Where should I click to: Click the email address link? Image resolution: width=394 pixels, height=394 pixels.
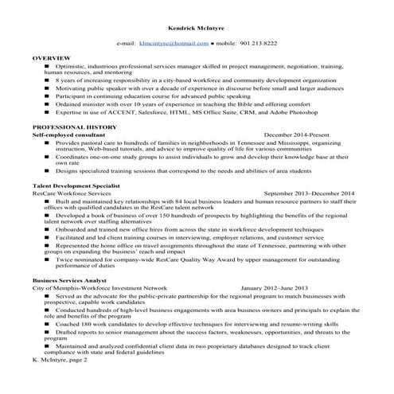point(174,44)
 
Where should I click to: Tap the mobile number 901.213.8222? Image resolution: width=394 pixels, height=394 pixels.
point(259,44)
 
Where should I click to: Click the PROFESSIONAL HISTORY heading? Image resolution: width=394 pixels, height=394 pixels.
point(74,128)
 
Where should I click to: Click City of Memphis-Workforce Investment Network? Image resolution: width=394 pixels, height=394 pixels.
point(100,288)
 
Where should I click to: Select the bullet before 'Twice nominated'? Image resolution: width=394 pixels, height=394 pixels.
point(49,260)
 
